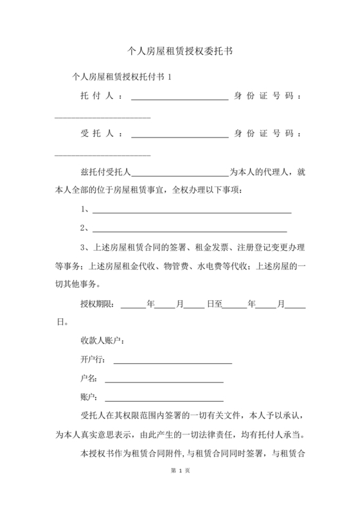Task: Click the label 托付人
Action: point(96,96)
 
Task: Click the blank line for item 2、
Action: point(189,229)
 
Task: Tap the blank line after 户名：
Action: point(164,380)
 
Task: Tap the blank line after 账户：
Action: point(164,399)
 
